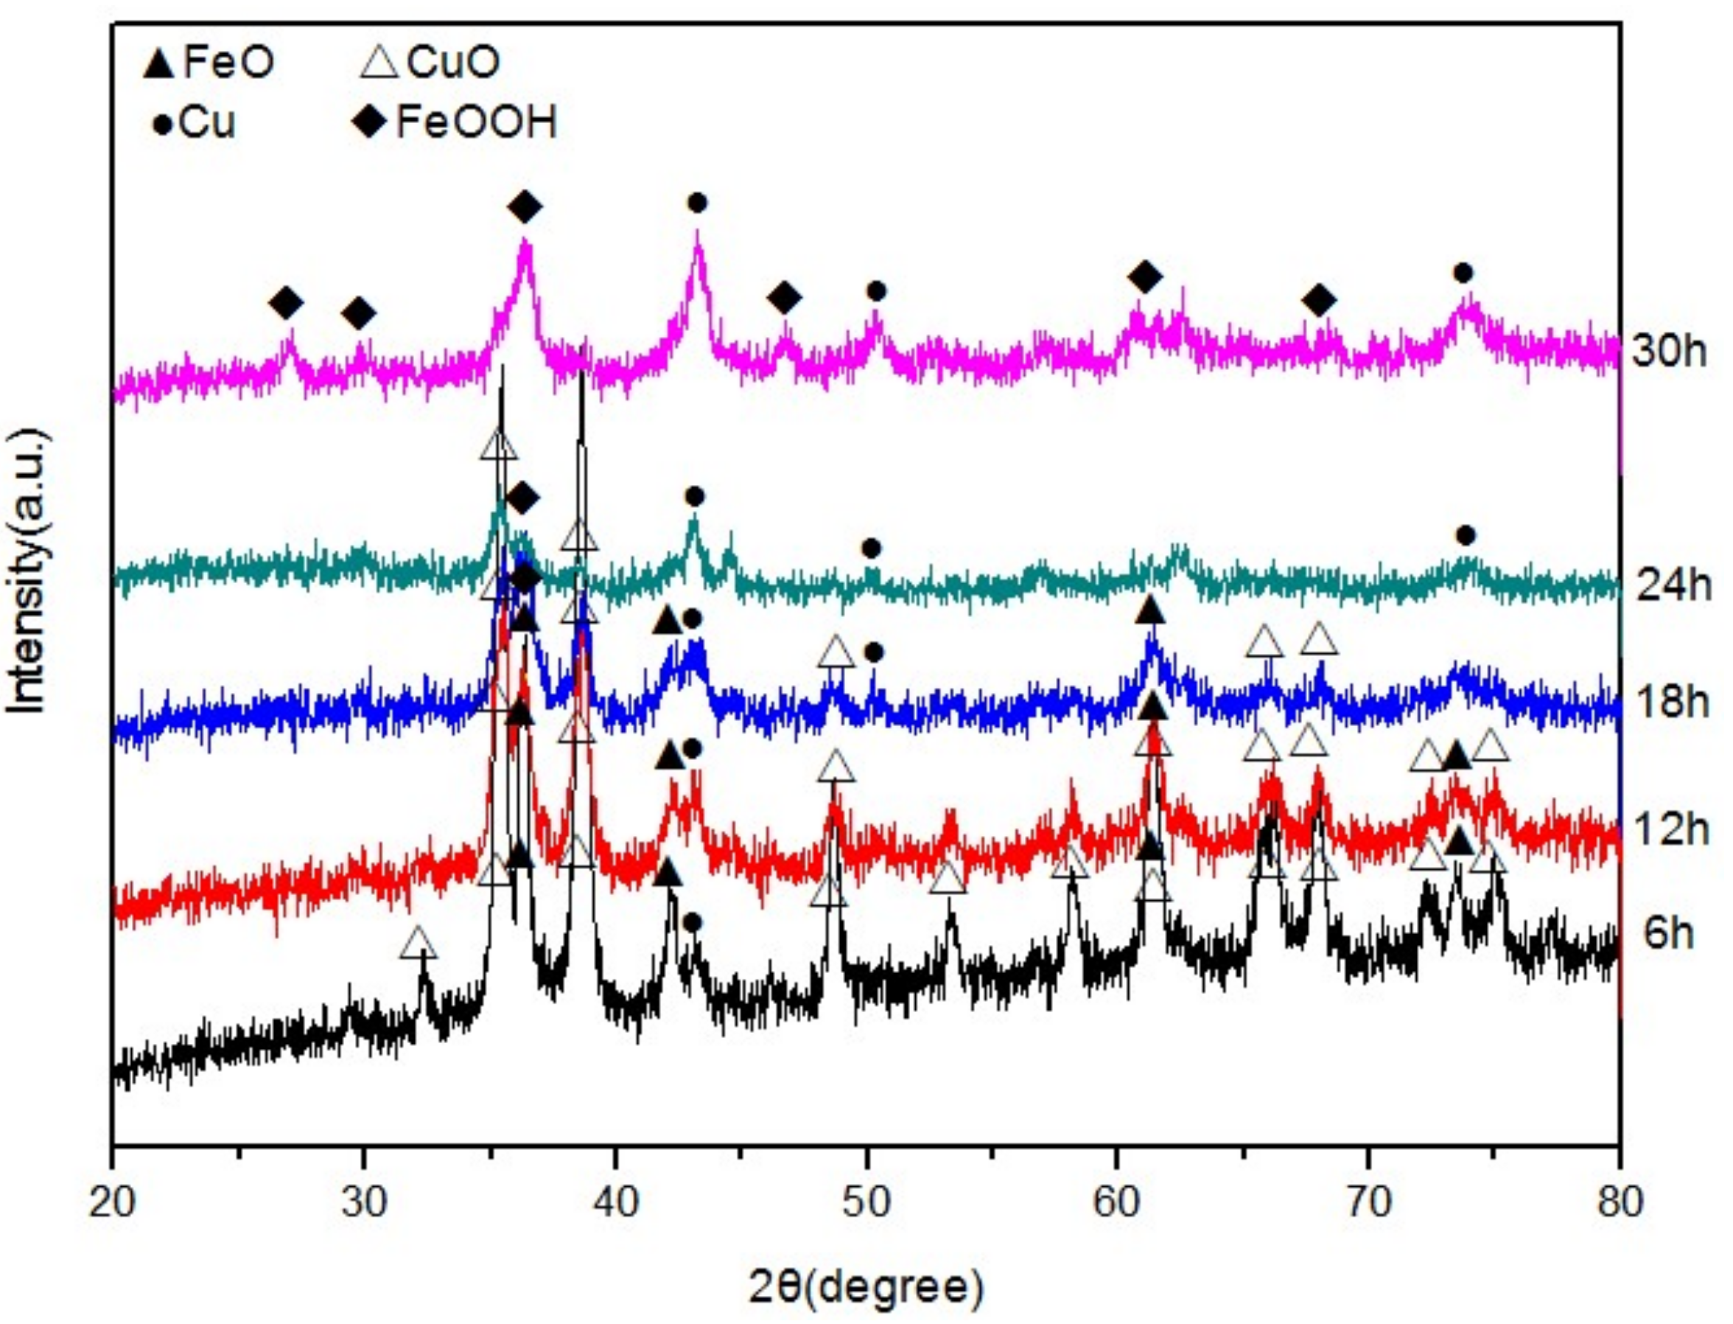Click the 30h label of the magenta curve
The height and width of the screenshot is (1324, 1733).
[x=1668, y=351]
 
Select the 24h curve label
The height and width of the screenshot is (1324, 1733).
[x=1673, y=585]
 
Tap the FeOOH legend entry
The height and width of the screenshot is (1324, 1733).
[x=457, y=122]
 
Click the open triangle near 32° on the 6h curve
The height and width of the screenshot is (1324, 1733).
[x=419, y=944]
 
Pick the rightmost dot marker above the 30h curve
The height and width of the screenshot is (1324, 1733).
[x=1463, y=273]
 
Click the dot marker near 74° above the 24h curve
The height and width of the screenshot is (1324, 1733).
[x=1466, y=536]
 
